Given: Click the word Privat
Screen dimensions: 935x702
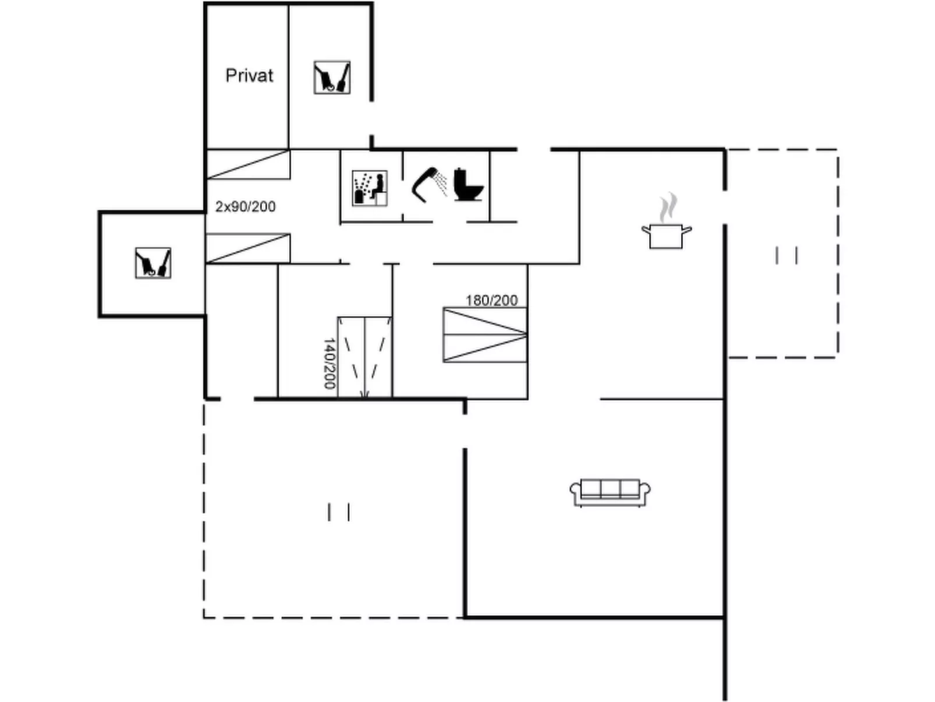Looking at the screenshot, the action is (249, 76).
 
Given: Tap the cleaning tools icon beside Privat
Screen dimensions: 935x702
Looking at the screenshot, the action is (332, 77).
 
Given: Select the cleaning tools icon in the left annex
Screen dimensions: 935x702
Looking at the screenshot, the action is (153, 263).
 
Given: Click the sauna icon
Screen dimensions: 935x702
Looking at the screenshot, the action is (370, 188).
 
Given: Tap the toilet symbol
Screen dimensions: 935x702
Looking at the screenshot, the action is (468, 185).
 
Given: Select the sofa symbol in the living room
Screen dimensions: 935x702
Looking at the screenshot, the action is (610, 493).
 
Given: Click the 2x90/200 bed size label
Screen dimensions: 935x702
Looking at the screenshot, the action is (245, 207).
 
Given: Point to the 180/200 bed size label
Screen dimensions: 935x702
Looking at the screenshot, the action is (492, 301).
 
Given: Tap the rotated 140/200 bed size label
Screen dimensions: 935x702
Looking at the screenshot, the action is (330, 364).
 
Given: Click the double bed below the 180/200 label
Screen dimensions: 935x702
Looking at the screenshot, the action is (485, 335).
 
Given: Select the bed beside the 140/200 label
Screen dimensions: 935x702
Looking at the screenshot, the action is (364, 357).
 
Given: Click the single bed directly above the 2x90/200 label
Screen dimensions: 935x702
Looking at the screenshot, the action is (248, 164).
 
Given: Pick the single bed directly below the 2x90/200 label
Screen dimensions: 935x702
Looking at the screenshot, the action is (248, 248).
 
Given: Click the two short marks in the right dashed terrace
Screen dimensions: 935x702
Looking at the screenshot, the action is (787, 255).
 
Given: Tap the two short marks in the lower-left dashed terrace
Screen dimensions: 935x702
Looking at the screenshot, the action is (339, 512).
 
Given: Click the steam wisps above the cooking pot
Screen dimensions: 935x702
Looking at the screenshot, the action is (668, 207).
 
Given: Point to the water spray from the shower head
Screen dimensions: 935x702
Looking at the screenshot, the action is (441, 184).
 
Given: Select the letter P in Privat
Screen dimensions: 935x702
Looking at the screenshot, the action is (231, 76).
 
